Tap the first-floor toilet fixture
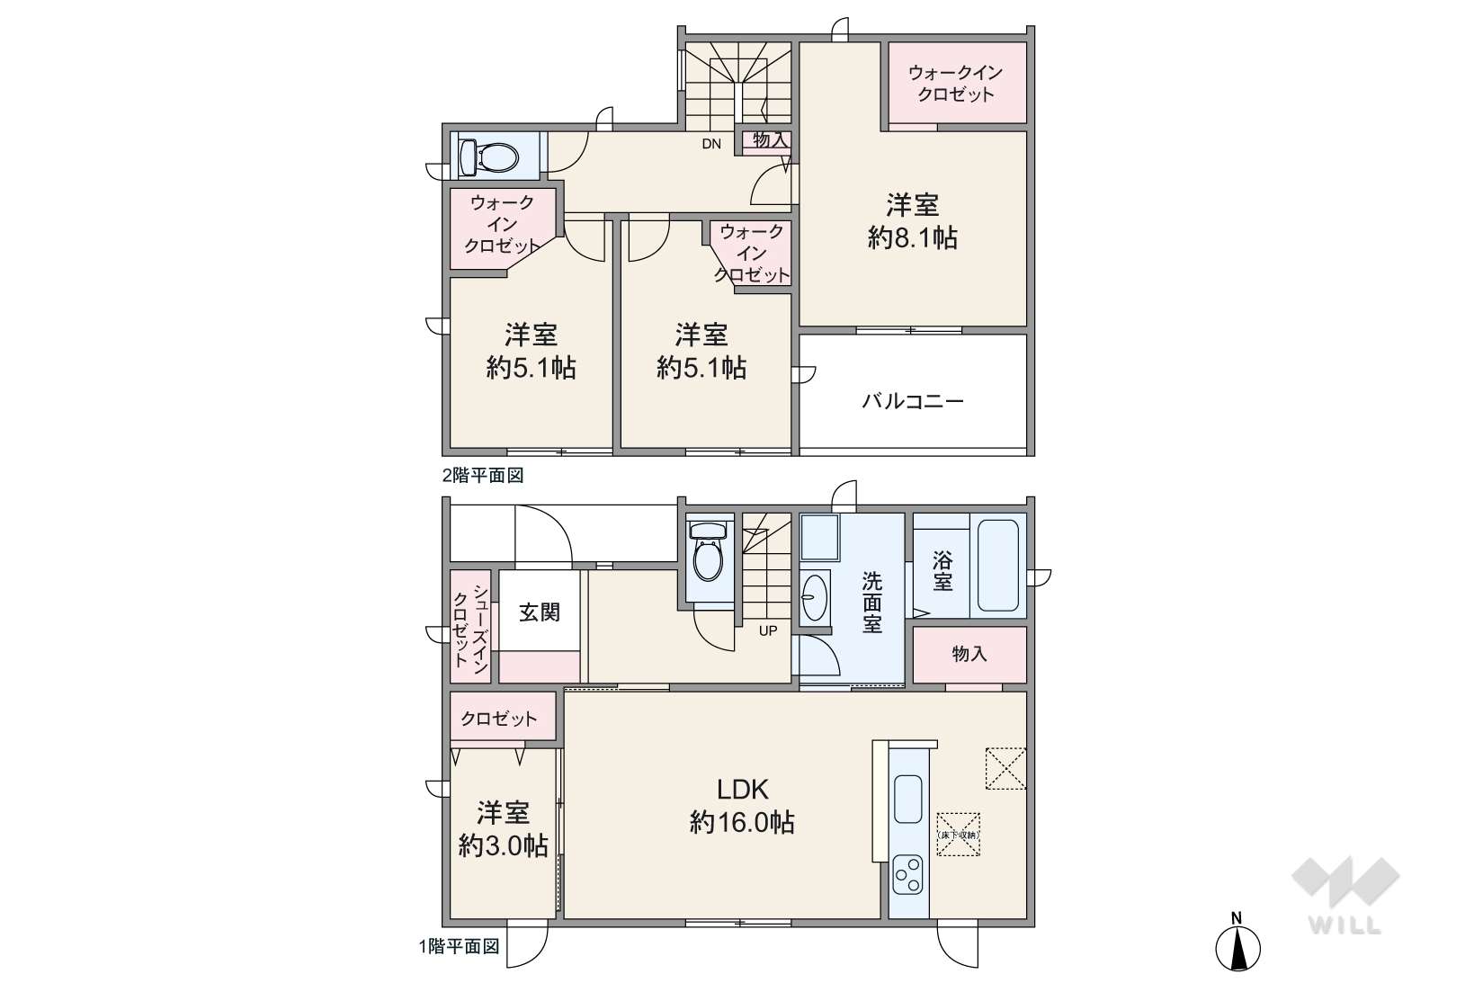coord(709,550)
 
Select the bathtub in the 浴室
coord(997,565)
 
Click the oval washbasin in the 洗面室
coord(815,597)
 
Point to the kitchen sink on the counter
coord(908,798)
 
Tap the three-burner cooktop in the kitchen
coord(907,875)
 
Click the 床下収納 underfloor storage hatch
coord(958,835)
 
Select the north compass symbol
coord(1237,943)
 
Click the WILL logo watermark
coord(1345,895)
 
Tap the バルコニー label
coord(913,401)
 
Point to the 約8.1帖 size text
coord(913,237)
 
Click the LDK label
coord(742,788)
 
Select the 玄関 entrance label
coord(540,612)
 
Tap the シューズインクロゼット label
coord(471,625)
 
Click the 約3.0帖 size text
coord(504,845)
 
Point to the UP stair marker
coord(768,631)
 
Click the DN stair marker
coord(711,144)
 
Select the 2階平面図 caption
coord(483,475)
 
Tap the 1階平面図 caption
coord(460,947)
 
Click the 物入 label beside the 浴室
coord(969,653)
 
